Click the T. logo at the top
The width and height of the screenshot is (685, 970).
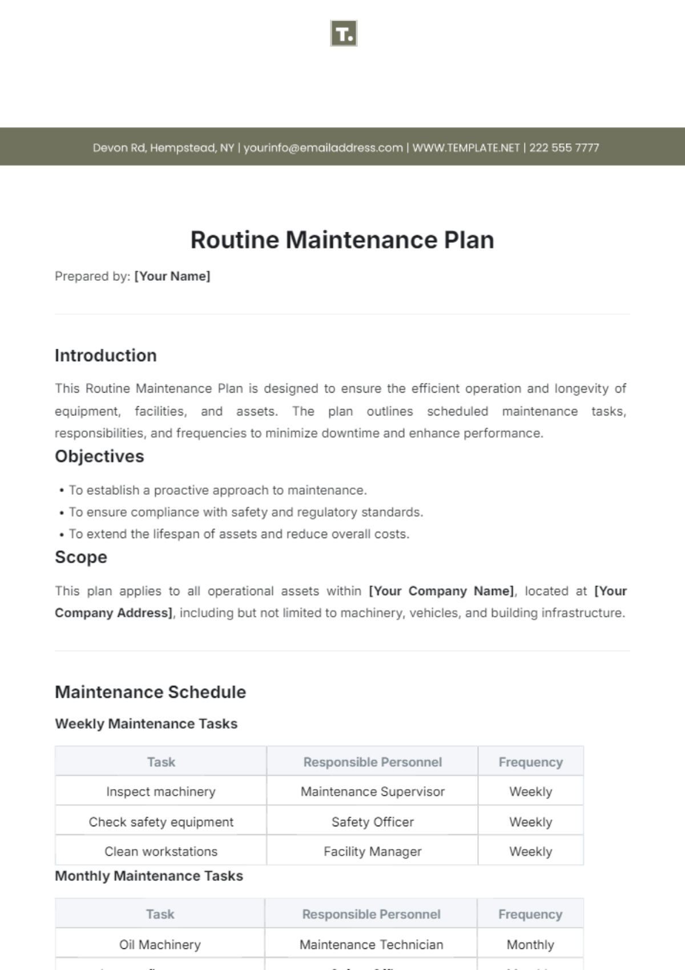point(344,34)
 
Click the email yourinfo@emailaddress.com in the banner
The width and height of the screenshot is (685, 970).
point(323,148)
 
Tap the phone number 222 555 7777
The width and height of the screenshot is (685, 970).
point(564,148)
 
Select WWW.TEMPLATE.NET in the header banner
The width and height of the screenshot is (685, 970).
point(466,148)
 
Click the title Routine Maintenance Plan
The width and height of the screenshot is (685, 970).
point(342,240)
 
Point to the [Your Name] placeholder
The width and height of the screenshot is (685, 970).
point(172,276)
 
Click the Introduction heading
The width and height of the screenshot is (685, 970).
point(106,355)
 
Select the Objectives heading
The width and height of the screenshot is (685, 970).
point(99,456)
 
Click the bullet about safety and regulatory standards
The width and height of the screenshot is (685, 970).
point(245,512)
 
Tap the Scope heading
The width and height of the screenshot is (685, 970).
point(81,557)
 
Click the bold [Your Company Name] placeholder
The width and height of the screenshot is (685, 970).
point(441,591)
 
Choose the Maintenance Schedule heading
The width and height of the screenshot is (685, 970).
point(150,692)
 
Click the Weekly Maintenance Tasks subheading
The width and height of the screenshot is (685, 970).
point(146,724)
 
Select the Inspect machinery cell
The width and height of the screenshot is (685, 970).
point(161,791)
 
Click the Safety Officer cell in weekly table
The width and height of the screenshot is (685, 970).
point(372,822)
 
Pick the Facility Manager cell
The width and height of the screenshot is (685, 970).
point(372,851)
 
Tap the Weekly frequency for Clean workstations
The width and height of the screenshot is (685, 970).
point(530,851)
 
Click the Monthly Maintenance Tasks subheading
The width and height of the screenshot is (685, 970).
point(149,876)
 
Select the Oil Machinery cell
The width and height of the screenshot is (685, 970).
point(160,944)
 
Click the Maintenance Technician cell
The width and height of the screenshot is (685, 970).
point(371,944)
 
